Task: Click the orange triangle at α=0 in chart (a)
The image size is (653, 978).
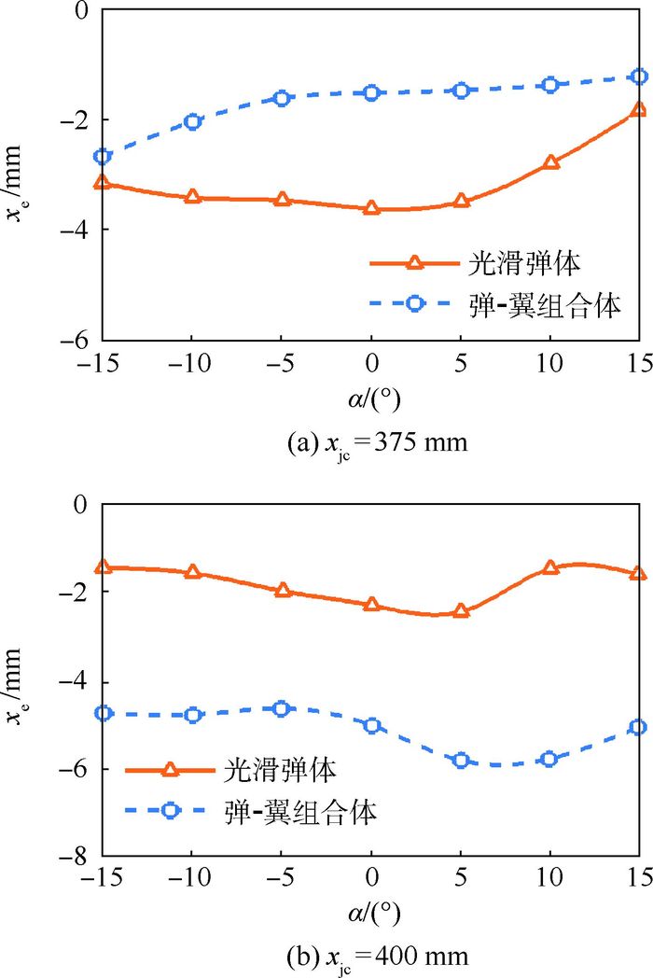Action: coord(371,208)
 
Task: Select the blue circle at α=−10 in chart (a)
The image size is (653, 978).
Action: coord(192,121)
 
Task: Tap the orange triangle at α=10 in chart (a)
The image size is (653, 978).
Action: coord(550,162)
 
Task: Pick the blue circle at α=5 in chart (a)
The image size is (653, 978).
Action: coord(461,91)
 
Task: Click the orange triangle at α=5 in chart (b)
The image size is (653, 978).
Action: coord(461,611)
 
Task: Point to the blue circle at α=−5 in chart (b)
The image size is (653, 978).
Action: coord(282,709)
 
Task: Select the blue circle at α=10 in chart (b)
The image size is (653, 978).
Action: coord(550,759)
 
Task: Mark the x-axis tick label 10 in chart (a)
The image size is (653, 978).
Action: coord(550,363)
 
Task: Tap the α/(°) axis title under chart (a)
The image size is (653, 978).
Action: coord(371,399)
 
